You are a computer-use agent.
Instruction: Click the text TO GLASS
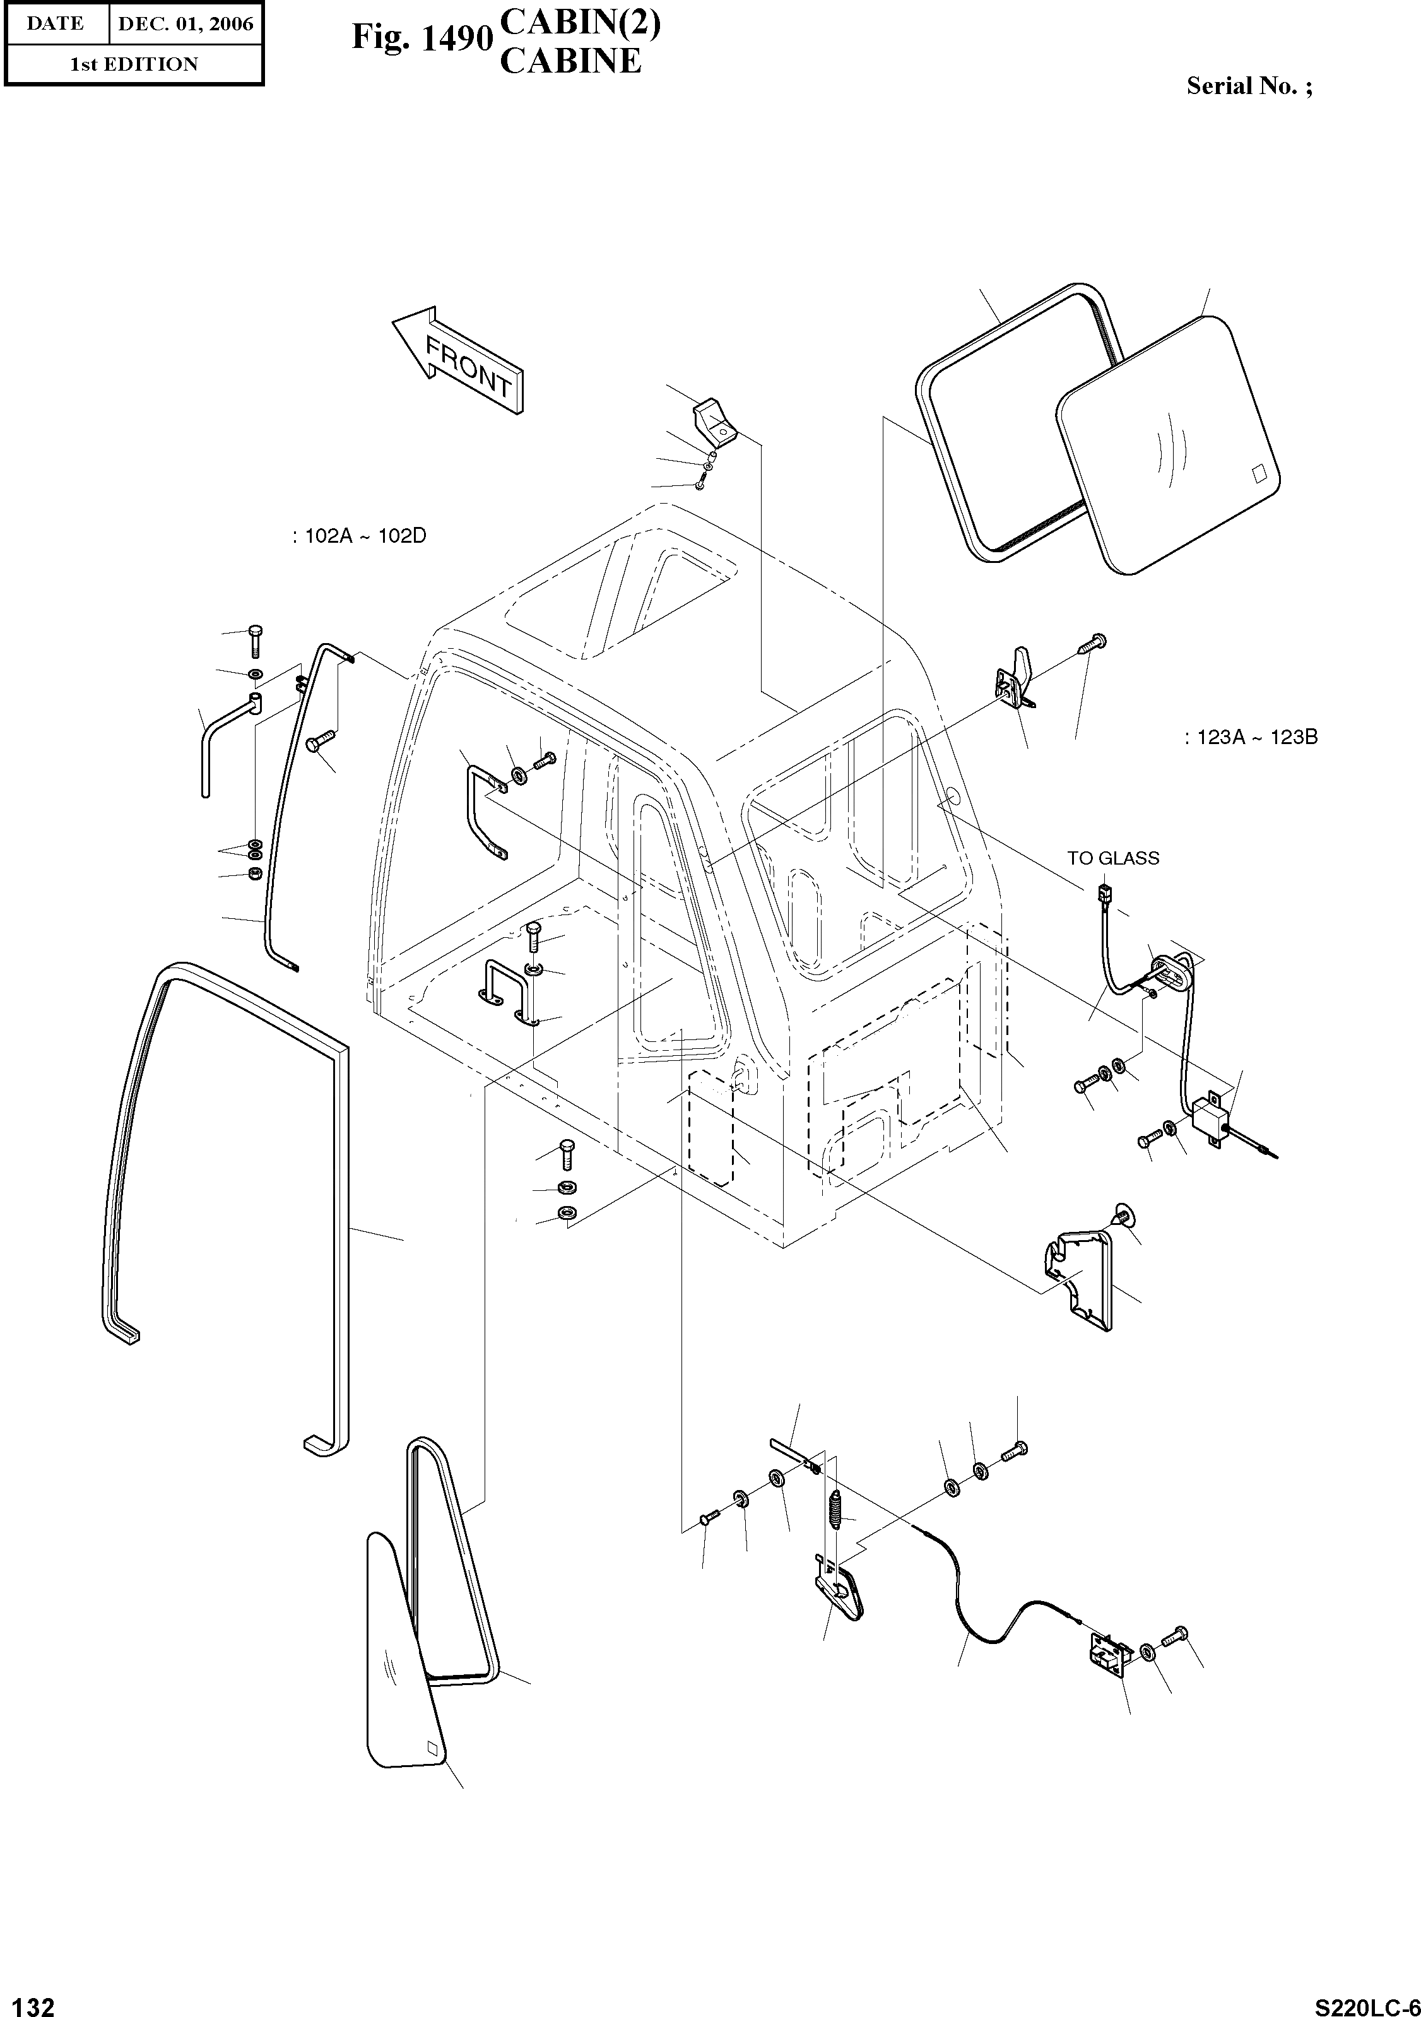[x=1112, y=858]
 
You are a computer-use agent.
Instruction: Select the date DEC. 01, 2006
[x=186, y=24]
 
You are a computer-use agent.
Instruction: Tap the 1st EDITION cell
[x=134, y=64]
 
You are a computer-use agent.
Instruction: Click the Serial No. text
[x=1249, y=86]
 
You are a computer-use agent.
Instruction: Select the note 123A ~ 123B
[x=1251, y=737]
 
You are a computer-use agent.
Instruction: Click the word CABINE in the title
[x=570, y=61]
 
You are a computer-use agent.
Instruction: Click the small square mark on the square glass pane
[x=1259, y=473]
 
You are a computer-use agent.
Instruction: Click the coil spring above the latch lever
[x=836, y=1510]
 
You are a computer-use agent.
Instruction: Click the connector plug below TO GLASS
[x=1104, y=897]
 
